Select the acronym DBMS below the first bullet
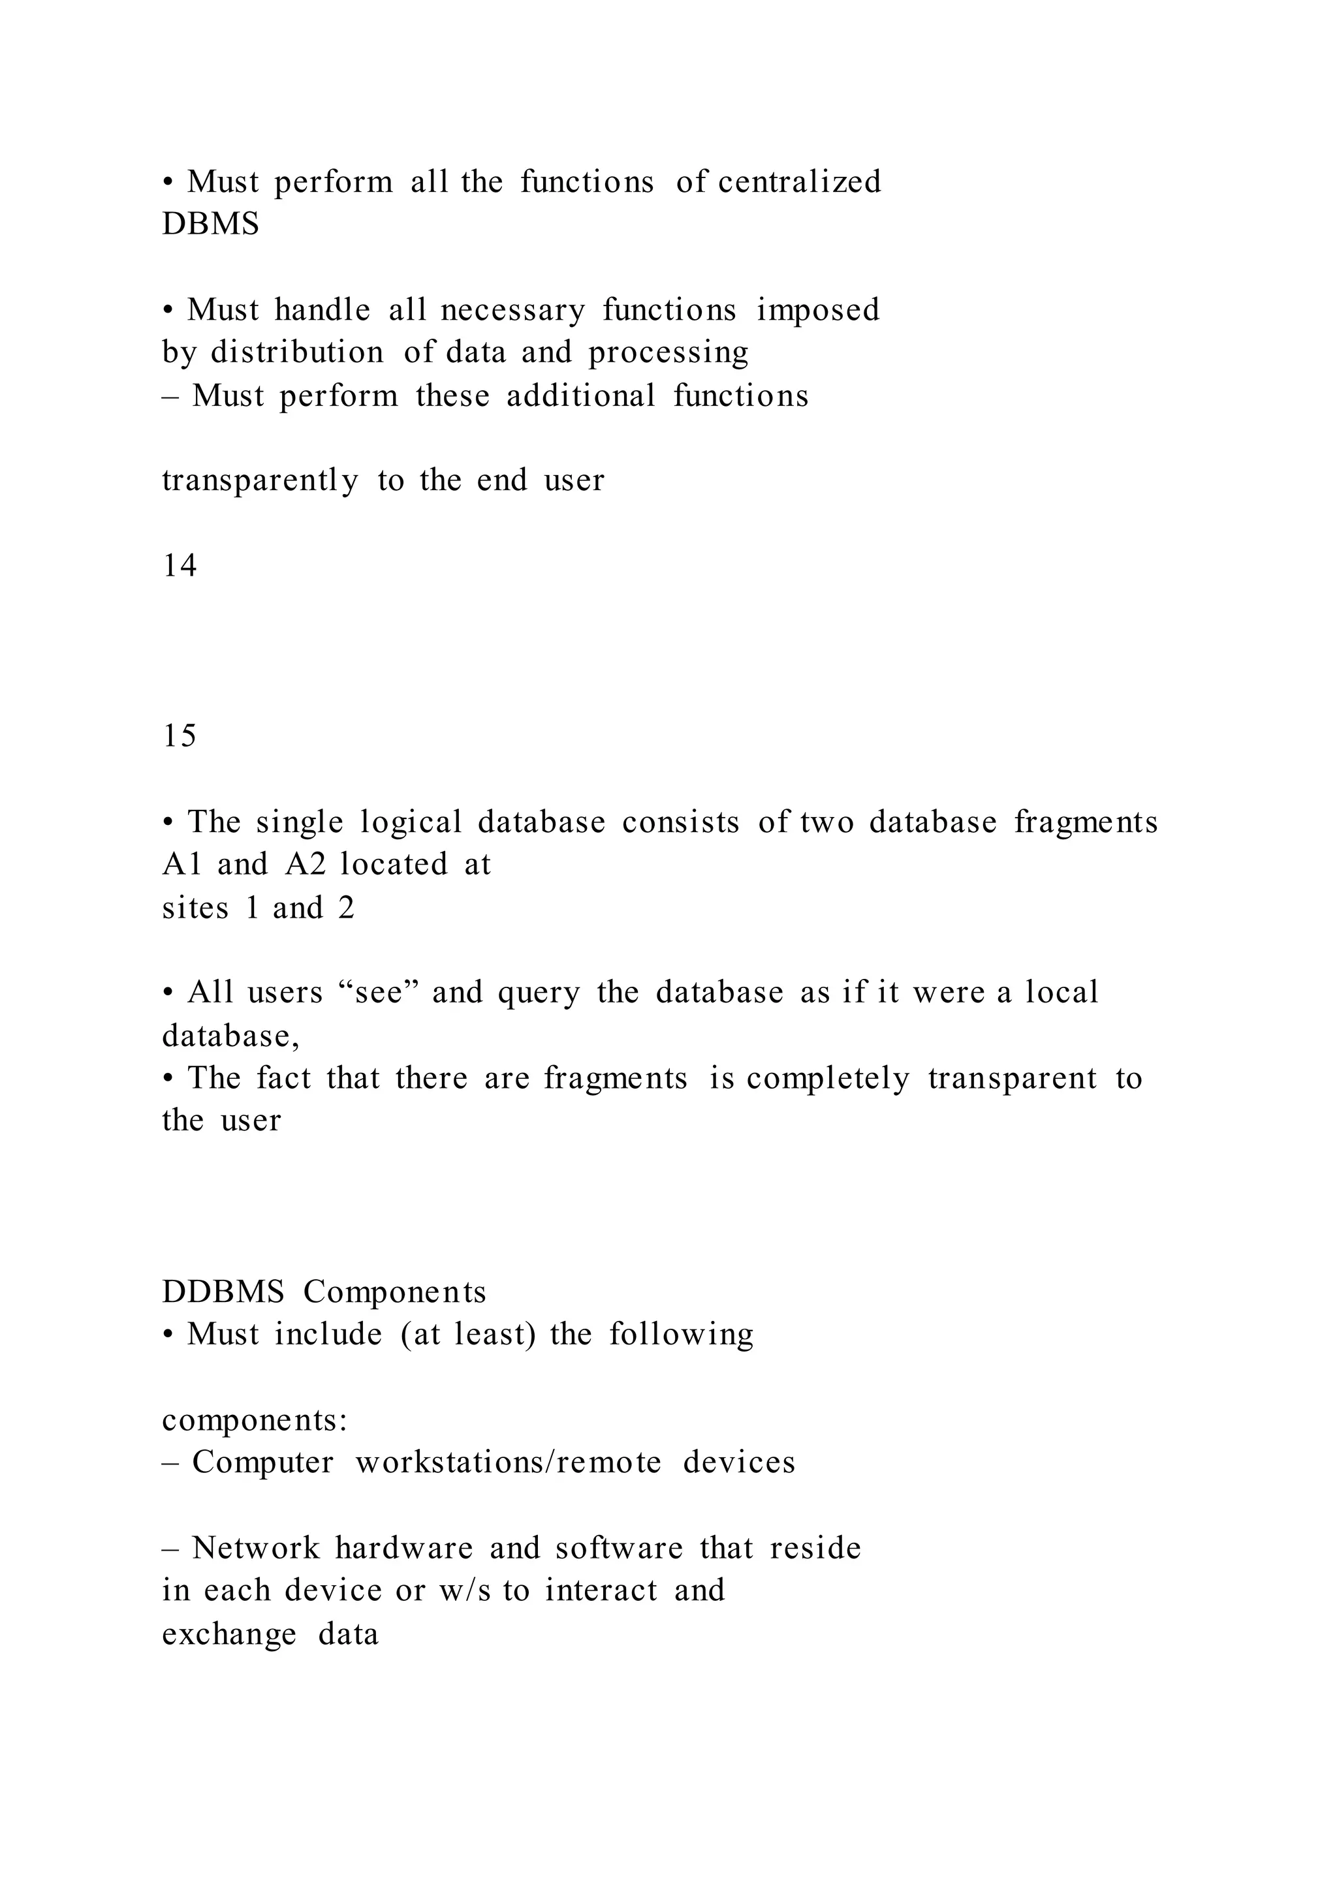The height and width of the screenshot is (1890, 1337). click(x=211, y=224)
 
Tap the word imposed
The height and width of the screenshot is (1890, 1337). click(x=819, y=311)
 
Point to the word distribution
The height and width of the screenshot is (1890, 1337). click(x=297, y=352)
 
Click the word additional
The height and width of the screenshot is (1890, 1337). click(x=580, y=396)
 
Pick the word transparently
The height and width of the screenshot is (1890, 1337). click(x=260, y=481)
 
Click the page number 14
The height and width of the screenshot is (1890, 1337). click(x=180, y=566)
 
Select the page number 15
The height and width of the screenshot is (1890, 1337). click(x=180, y=735)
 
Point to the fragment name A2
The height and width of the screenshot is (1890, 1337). click(x=306, y=864)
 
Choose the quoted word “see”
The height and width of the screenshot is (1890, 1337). click(x=379, y=992)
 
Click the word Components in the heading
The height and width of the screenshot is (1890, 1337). click(x=394, y=1292)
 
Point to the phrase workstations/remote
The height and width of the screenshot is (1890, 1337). click(x=508, y=1462)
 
